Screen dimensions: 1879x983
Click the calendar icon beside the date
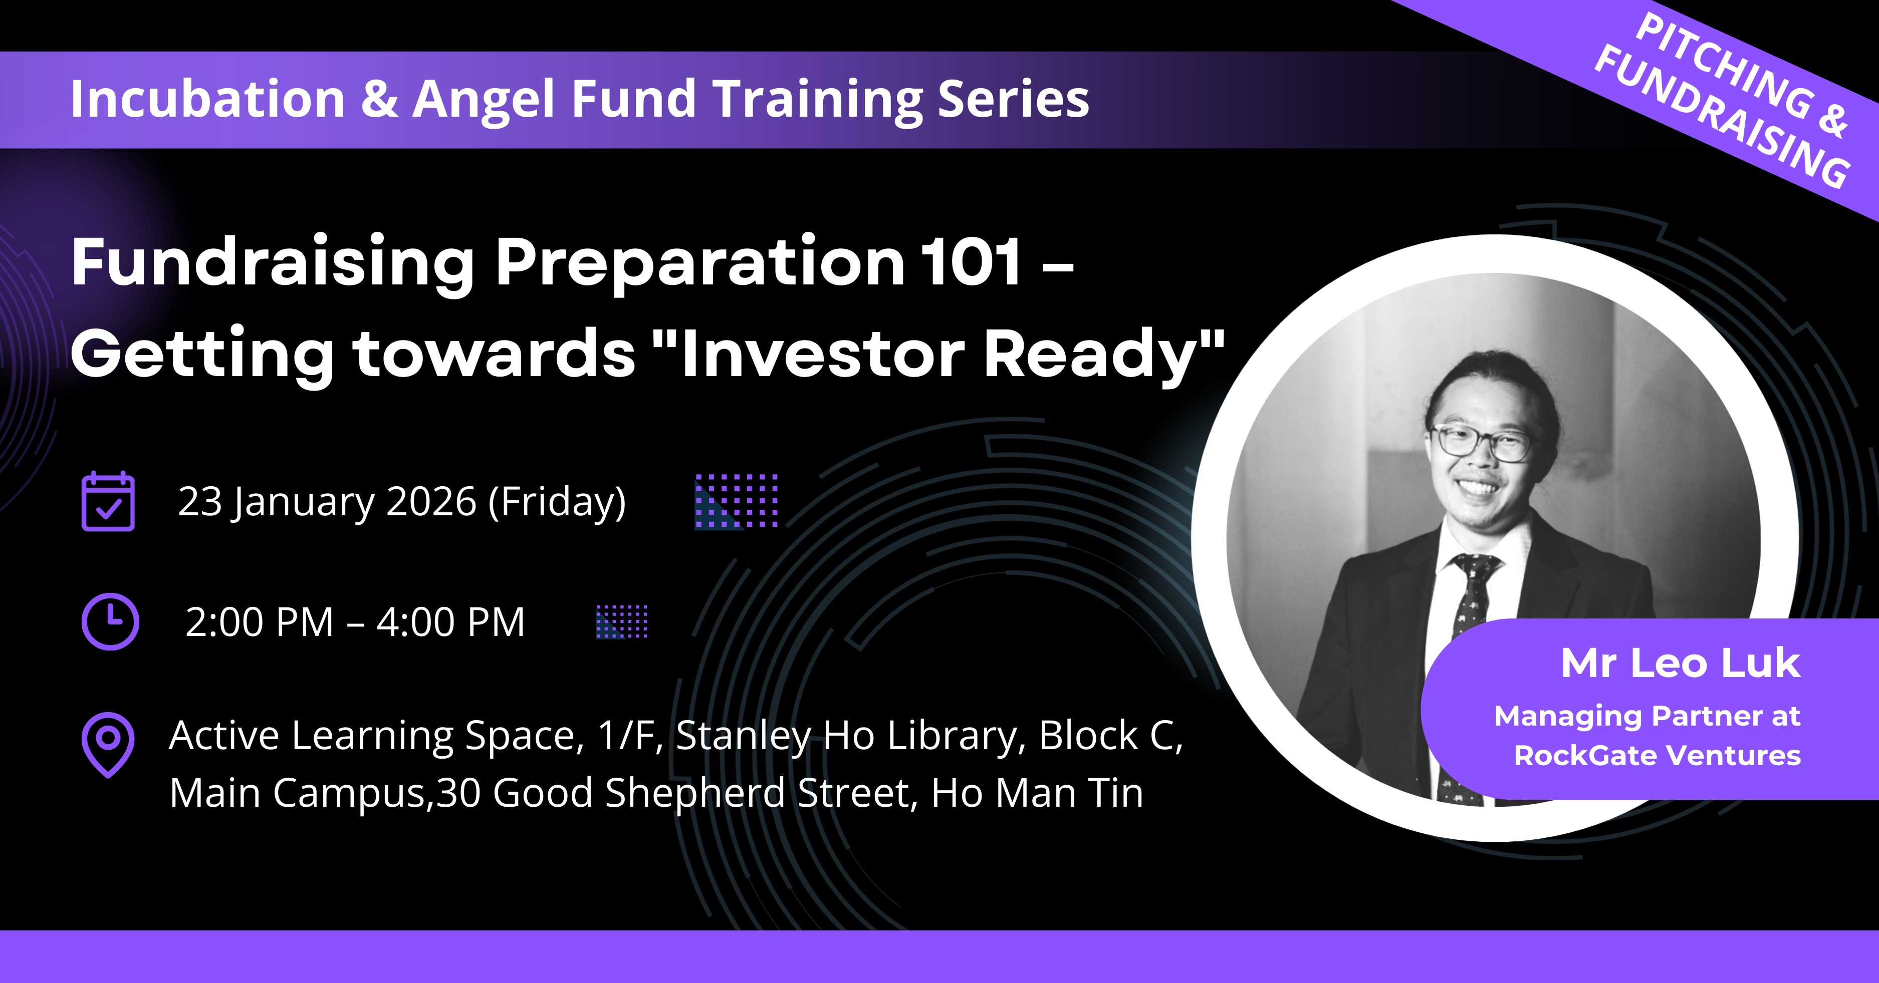tap(108, 502)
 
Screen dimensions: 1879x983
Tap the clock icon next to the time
tap(110, 621)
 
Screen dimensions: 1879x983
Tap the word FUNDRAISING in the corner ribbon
tap(1722, 117)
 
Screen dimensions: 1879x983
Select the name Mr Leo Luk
tap(1681, 663)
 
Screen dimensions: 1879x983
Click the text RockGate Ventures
tap(1657, 756)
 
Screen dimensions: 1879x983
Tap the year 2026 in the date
tap(431, 502)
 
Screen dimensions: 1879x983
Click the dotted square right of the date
tap(737, 501)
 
